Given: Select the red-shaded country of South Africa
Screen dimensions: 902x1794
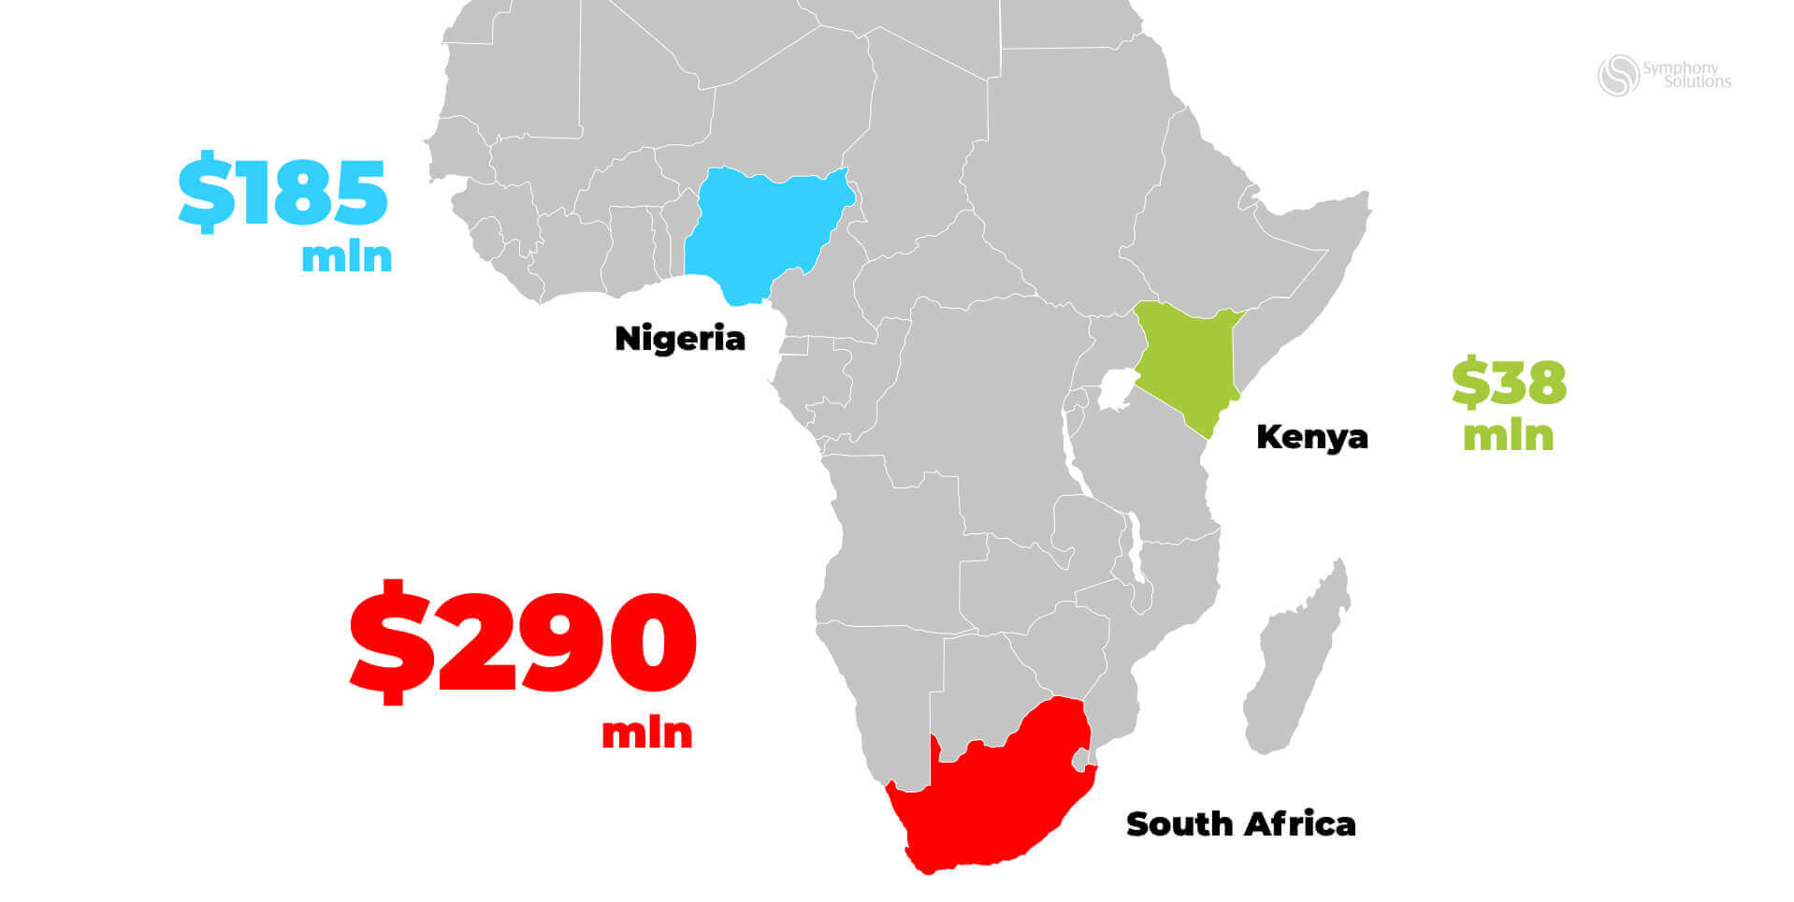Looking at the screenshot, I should (x=991, y=795).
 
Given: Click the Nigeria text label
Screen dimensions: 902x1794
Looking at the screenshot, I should (x=680, y=339).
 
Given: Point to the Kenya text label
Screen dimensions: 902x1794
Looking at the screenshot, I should (x=1311, y=437).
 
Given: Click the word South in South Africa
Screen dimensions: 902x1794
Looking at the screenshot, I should (x=1179, y=824).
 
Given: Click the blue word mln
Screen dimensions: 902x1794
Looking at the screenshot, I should (x=346, y=255).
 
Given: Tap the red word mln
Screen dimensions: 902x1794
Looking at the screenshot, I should (x=646, y=733).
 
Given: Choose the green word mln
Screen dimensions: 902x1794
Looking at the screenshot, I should (x=1508, y=436).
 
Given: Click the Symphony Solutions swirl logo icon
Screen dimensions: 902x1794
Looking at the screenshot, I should (x=1618, y=76).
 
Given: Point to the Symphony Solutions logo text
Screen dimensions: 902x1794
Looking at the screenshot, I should (x=1686, y=75).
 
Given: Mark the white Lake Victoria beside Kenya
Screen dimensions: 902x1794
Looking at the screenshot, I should (x=1115, y=389).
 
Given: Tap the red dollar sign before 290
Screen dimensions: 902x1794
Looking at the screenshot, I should (x=391, y=641).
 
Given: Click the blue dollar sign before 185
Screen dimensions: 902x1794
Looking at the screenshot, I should (x=207, y=194).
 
